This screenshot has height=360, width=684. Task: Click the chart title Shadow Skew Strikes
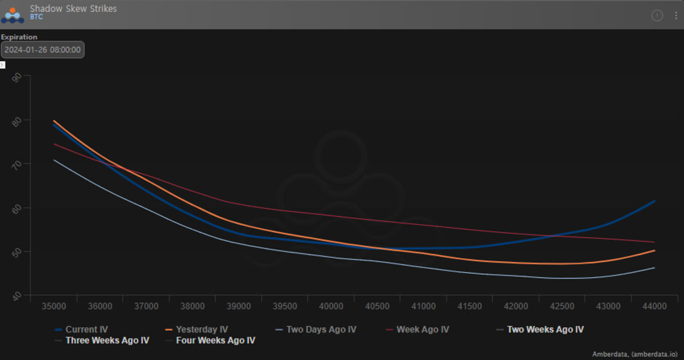coord(73,9)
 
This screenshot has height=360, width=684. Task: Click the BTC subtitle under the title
coord(37,17)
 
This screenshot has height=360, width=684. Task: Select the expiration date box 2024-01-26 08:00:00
coord(43,49)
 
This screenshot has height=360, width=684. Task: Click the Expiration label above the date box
coord(19,37)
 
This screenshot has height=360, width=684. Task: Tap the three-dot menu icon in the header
coord(675,15)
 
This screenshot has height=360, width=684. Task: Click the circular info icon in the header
coord(657,15)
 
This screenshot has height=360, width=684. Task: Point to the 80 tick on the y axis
coord(17,120)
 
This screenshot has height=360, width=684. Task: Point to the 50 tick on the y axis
coord(17,251)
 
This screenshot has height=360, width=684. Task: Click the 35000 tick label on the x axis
coord(53,307)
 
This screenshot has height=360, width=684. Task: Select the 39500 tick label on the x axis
coord(285,307)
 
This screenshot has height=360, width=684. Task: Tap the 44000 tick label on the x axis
coord(654,307)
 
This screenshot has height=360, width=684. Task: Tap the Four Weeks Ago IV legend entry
coord(215,341)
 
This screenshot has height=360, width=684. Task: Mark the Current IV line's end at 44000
coord(654,200)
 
